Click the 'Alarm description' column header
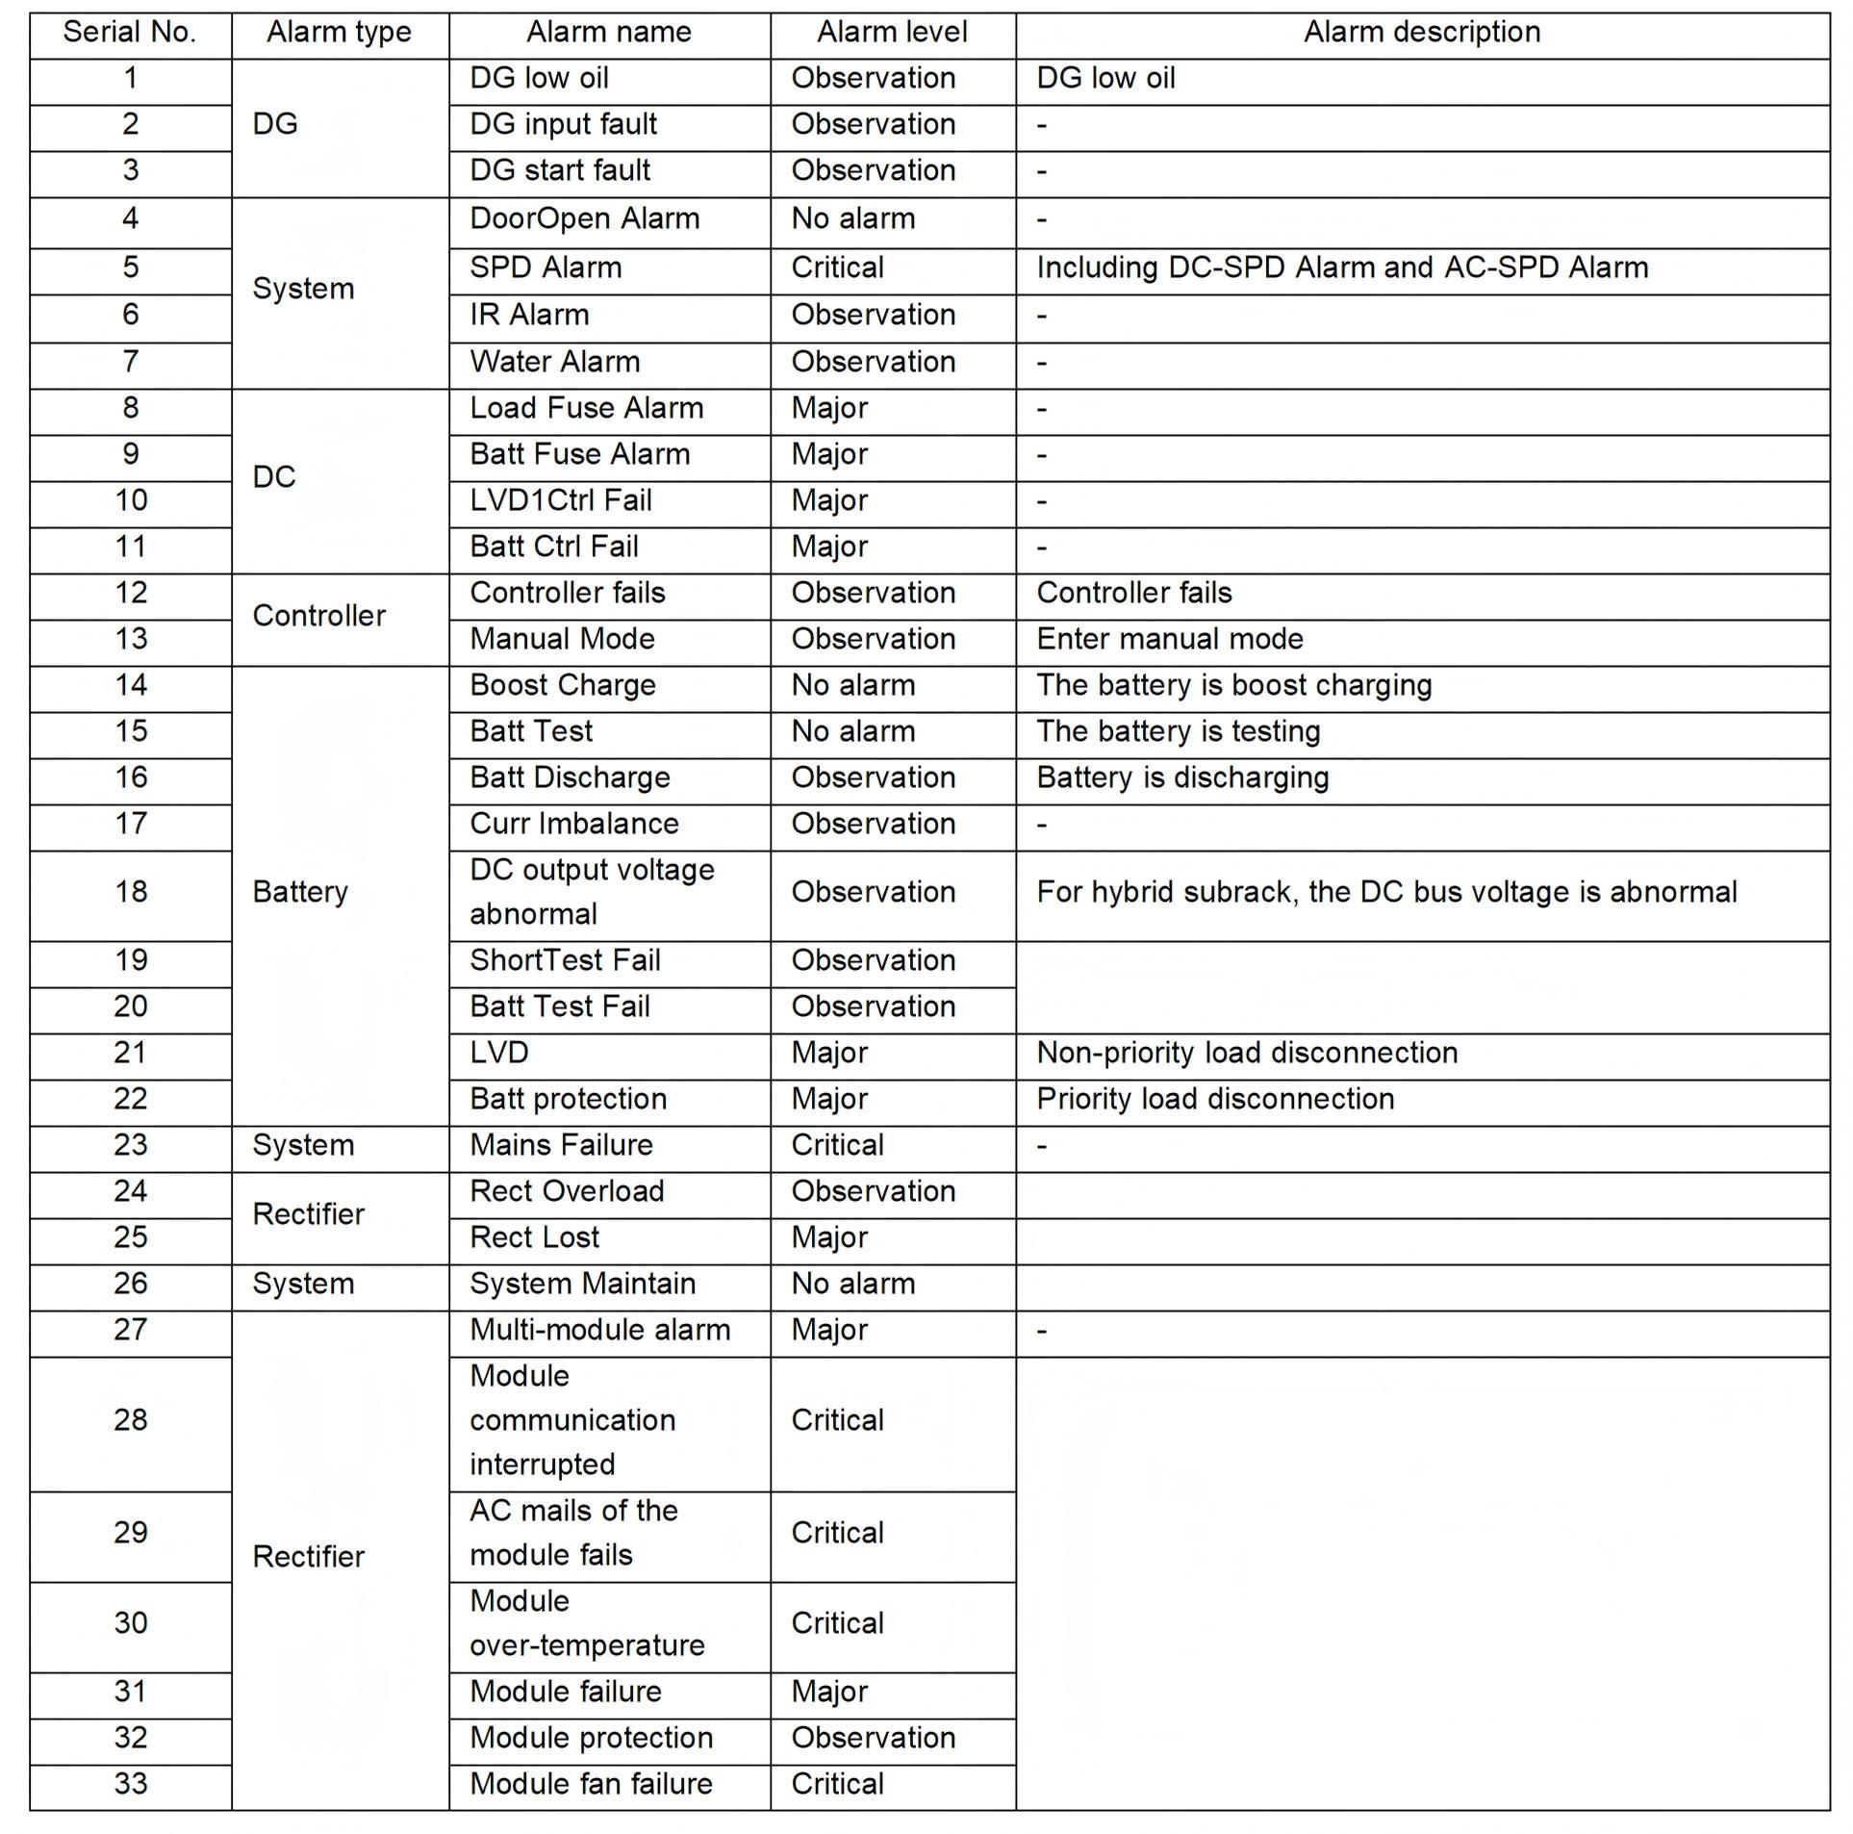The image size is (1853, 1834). [1421, 33]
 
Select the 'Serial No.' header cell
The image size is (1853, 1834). [130, 33]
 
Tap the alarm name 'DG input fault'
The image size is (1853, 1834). [563, 124]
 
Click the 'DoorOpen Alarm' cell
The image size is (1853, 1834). [584, 218]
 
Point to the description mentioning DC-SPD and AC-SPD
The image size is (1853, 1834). [1341, 267]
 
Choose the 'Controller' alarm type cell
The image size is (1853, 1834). [318, 616]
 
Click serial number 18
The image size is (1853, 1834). [131, 892]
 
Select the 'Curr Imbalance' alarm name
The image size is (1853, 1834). [573, 824]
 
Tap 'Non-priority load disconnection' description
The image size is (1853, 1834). [1246, 1053]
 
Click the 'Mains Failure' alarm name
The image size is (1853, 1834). [561, 1145]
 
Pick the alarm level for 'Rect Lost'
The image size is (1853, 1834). [829, 1237]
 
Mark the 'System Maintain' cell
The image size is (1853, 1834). [582, 1284]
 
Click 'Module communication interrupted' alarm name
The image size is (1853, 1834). [572, 1420]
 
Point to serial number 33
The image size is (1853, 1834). [131, 1784]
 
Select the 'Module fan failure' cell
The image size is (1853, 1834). [591, 1784]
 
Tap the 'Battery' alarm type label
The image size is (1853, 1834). [300, 892]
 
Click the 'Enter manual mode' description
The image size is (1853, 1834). [1169, 639]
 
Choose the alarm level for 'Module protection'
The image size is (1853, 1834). [873, 1738]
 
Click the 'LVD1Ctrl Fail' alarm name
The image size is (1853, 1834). [560, 500]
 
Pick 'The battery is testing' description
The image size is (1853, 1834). [1178, 731]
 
